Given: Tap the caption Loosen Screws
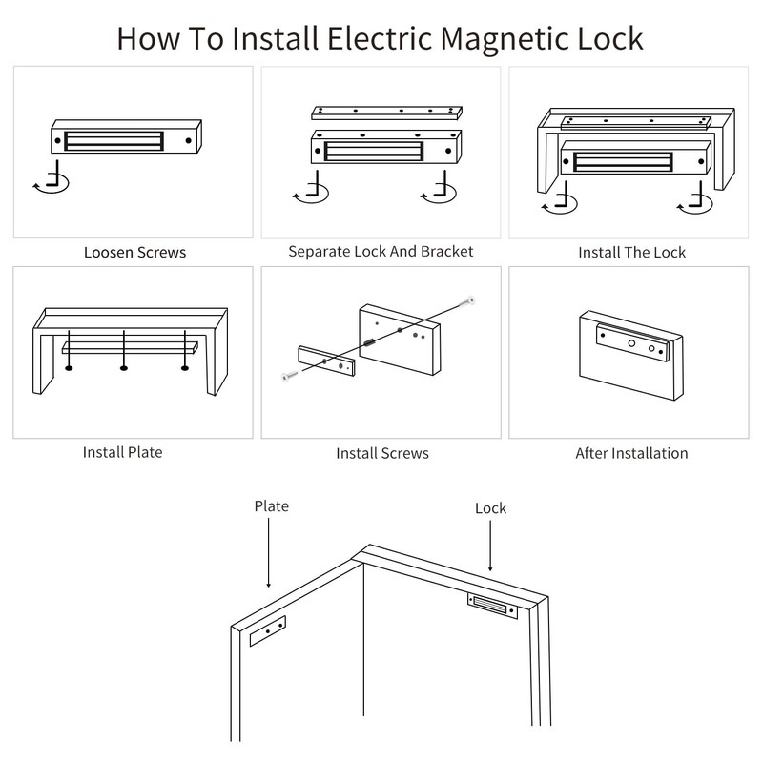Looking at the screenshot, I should click(134, 253).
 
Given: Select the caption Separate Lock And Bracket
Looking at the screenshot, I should click(381, 252).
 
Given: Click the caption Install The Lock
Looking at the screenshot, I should click(631, 253).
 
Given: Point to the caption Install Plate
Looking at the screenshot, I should click(123, 452).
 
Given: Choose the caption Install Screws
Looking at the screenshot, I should click(381, 453).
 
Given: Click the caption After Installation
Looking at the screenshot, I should click(631, 453).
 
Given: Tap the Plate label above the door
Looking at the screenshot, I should click(271, 505).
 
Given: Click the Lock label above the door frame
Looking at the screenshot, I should click(490, 508).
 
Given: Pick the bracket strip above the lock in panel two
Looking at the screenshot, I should click(386, 112).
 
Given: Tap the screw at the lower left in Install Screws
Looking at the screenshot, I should click(286, 377).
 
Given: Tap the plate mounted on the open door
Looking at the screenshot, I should click(268, 631).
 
